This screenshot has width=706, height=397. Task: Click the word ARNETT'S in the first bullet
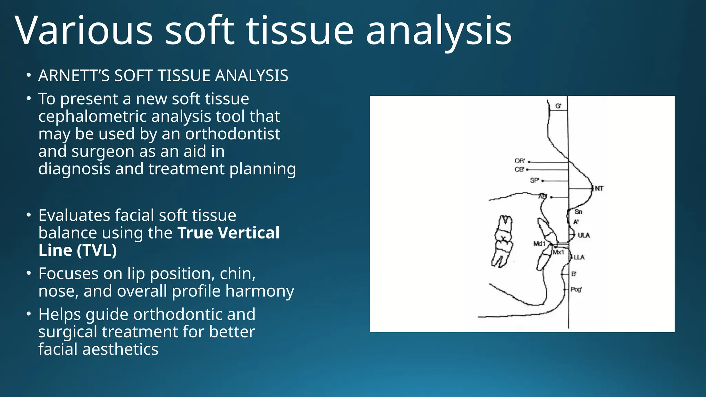(74, 75)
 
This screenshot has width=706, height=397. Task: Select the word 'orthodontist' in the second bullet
(233, 134)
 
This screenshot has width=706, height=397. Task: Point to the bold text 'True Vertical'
(228, 233)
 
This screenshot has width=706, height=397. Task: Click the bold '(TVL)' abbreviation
(97, 250)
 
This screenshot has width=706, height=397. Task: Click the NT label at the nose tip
(599, 189)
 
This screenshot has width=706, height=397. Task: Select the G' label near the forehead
(558, 106)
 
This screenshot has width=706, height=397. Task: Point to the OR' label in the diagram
(520, 161)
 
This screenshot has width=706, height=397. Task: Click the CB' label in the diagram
(519, 170)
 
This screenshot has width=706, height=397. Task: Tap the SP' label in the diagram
(534, 180)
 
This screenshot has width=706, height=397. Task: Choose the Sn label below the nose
(578, 212)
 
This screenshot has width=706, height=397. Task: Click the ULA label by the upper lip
(584, 235)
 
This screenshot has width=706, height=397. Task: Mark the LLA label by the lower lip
(579, 257)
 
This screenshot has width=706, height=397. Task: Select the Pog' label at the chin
(576, 289)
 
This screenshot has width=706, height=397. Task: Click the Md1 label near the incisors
(539, 244)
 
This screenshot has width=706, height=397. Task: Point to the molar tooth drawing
(502, 241)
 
